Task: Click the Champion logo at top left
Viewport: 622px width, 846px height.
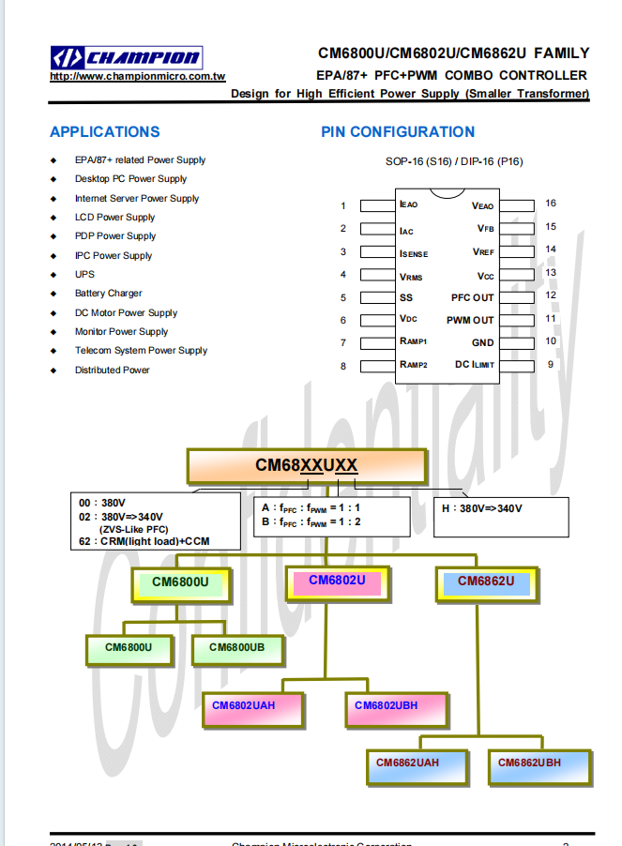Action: point(125,57)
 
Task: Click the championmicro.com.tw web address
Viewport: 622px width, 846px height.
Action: point(137,77)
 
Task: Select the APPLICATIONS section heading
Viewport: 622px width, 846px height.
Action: point(105,132)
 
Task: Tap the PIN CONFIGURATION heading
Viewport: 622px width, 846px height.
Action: point(398,132)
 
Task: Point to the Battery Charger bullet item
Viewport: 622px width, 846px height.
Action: point(109,294)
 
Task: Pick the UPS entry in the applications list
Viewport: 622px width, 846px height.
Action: point(84,275)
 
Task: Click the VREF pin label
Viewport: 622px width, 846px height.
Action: point(483,252)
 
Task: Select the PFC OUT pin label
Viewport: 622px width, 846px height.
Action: point(472,297)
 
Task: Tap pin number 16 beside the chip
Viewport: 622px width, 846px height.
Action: point(551,204)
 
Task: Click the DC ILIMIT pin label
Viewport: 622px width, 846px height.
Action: point(475,365)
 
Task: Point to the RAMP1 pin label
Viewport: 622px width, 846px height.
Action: point(413,342)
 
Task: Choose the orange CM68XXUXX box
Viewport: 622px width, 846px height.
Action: point(307,465)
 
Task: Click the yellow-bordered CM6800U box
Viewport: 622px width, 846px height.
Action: point(180,583)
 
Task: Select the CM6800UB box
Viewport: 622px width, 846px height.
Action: point(236,648)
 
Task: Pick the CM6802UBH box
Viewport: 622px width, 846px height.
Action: point(386,706)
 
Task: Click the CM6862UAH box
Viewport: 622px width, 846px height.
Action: point(407,763)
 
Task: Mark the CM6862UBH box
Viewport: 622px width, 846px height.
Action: point(529,763)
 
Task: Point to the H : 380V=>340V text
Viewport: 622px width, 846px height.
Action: point(481,508)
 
